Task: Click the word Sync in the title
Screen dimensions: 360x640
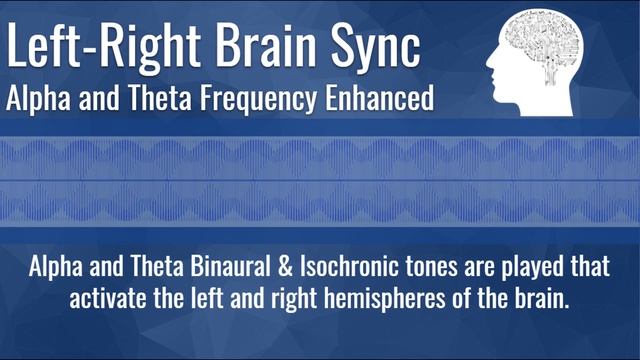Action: [372, 47]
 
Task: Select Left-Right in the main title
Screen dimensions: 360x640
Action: [95, 47]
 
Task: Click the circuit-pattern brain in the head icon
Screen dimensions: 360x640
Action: [544, 45]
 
